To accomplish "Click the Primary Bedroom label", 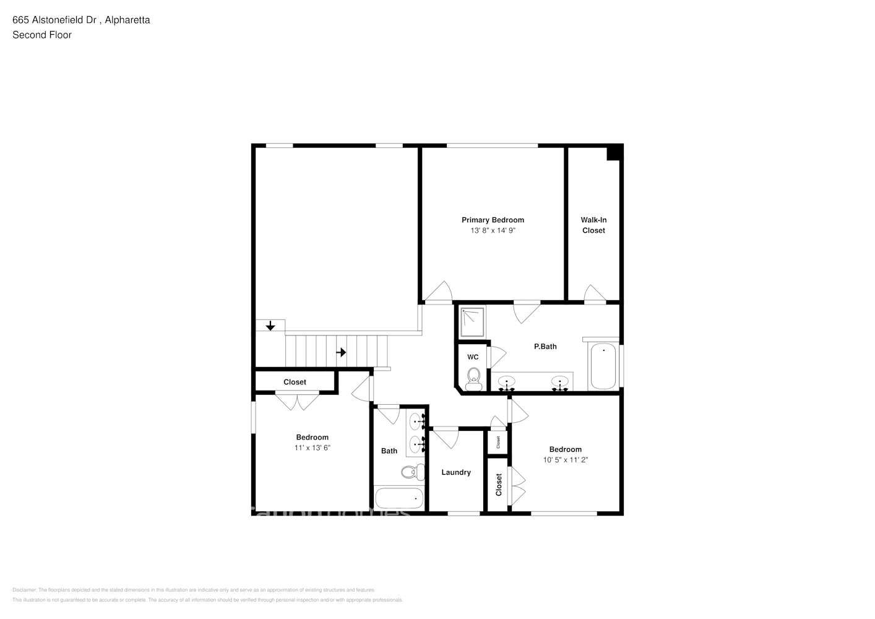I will [x=493, y=220].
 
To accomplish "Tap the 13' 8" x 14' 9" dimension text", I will [x=493, y=230].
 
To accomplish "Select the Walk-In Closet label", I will [x=593, y=225].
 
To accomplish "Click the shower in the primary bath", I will [x=472, y=321].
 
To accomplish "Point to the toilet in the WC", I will [x=473, y=379].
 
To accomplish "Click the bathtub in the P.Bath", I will [x=603, y=365].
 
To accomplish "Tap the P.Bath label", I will [x=545, y=347].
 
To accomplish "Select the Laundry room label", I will [x=456, y=472].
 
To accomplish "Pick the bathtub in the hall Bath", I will [x=400, y=498].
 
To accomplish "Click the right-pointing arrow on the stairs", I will [x=341, y=352].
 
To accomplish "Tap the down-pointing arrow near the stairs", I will [x=270, y=326].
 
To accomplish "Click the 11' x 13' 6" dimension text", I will [x=312, y=448].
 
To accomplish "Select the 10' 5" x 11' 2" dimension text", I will [x=565, y=460].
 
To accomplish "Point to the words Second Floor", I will [x=42, y=35].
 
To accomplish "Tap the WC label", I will [x=473, y=357].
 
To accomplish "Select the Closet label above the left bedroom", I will [x=295, y=382].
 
